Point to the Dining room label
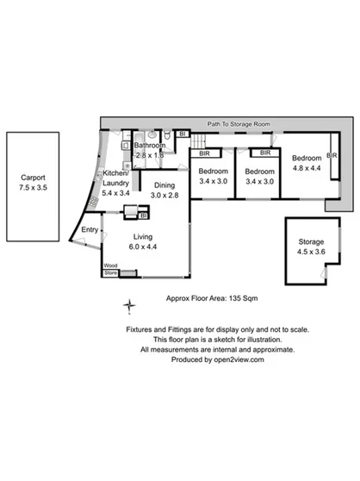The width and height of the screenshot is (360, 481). click(x=166, y=185)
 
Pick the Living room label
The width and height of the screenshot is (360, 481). click(x=145, y=235)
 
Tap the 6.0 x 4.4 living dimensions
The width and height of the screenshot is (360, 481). click(x=145, y=247)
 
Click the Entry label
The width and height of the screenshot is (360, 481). click(x=90, y=229)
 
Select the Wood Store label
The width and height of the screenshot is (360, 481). click(x=110, y=269)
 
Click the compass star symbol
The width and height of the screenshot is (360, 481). click(x=129, y=304)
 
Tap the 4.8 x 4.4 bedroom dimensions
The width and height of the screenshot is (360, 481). click(x=306, y=169)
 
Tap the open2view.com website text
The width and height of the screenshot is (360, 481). click(x=239, y=360)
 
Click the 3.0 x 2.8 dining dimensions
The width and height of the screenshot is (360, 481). click(x=166, y=196)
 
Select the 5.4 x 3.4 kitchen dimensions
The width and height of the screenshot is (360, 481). click(x=116, y=193)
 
